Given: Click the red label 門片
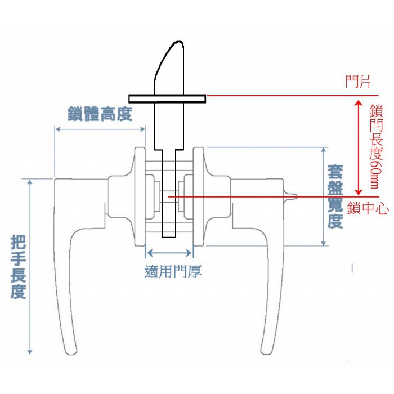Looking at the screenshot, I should tap(357, 83).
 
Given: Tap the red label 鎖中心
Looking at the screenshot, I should tap(368, 208).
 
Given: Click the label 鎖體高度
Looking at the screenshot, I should tap(99, 115).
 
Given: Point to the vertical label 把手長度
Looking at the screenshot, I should tap(19, 267).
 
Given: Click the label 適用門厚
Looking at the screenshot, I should tap(173, 272).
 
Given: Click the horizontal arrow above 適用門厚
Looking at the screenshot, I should tap(169, 253).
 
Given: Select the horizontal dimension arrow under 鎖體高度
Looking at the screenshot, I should tap(100, 129).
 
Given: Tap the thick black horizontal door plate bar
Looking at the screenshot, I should tap(166, 98).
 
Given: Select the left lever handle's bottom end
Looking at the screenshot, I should tap(71, 349).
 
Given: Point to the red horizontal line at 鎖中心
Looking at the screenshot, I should tap(253, 197).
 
